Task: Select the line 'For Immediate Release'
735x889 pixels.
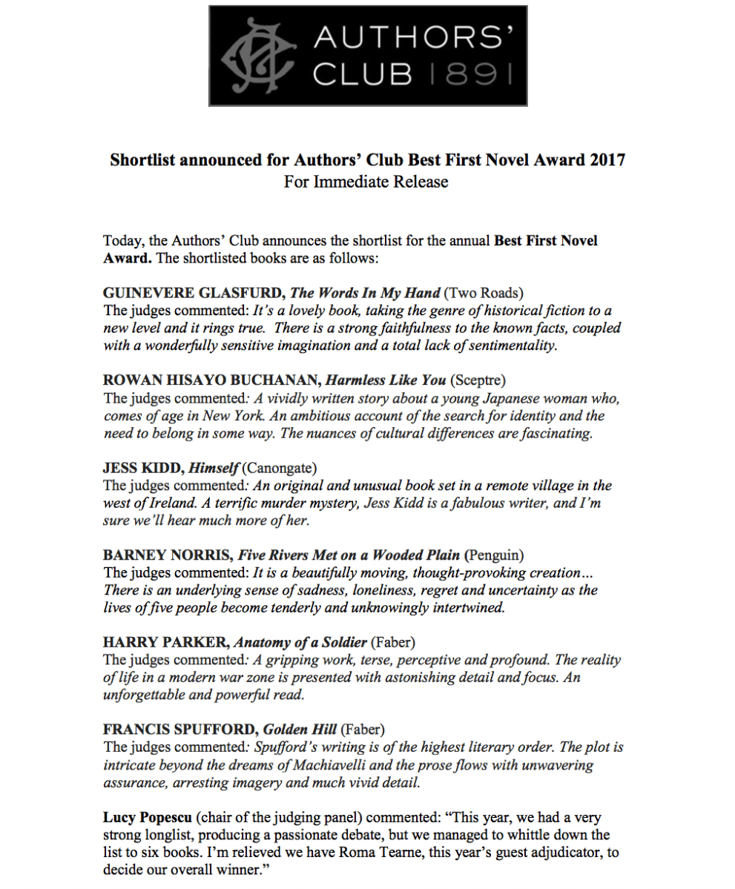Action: tap(366, 182)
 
